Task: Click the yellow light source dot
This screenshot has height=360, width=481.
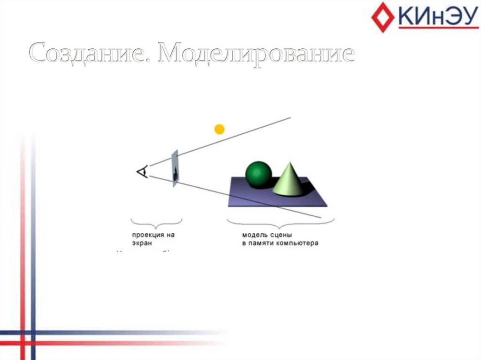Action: tap(219, 129)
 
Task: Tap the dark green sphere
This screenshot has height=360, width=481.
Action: tap(258, 175)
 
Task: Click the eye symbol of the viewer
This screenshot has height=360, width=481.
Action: tap(142, 172)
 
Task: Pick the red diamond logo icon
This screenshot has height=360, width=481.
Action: tap(382, 17)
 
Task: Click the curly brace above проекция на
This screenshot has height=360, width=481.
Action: tap(156, 221)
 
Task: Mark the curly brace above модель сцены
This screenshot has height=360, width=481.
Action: tap(280, 221)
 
